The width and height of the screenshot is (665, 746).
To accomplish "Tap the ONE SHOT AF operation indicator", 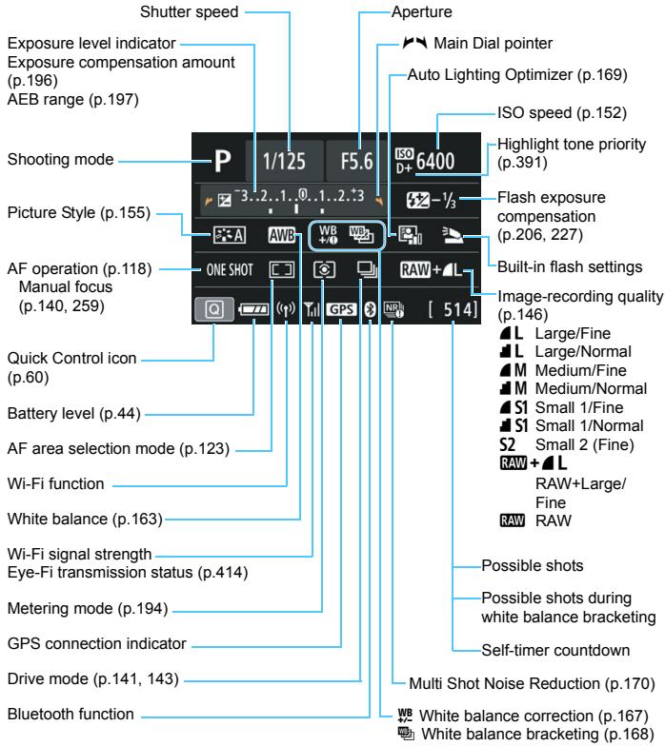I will click(x=228, y=269).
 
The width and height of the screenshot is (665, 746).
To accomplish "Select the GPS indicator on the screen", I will click(x=342, y=310).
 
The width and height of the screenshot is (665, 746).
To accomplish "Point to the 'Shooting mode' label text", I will click(x=52, y=163).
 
